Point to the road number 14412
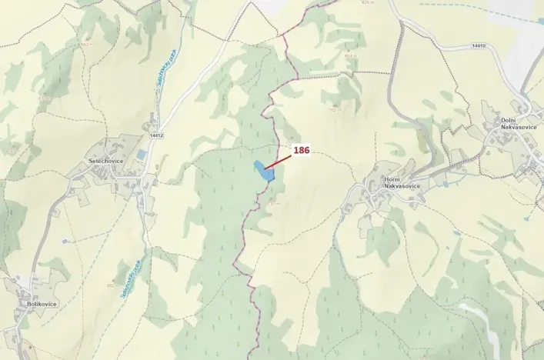pyautogui.click(x=156, y=135)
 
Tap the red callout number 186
pyautogui.click(x=301, y=151)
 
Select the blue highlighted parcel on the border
pyautogui.click(x=263, y=171)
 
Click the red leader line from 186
pyautogui.click(x=279, y=161)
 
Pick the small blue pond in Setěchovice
pyautogui.click(x=142, y=155)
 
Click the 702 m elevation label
pyautogui.click(x=335, y=109)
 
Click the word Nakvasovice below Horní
pyautogui.click(x=392, y=186)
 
